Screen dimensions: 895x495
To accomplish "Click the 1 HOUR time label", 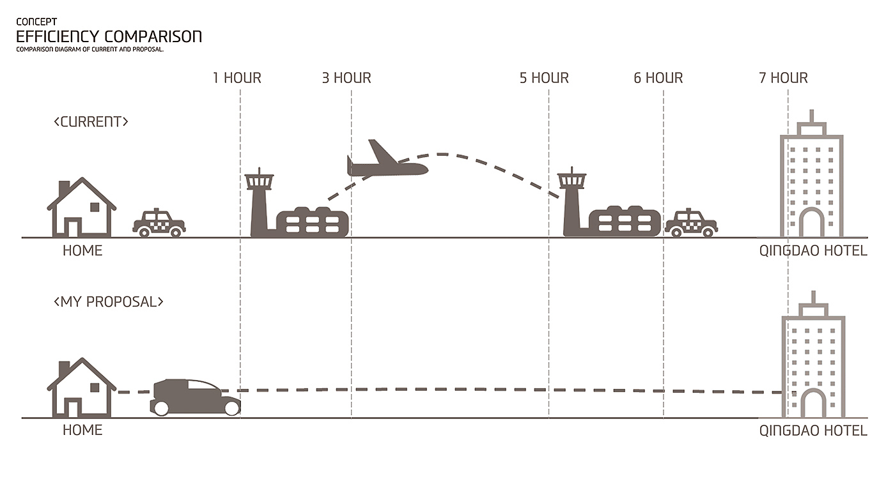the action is pos(237,78).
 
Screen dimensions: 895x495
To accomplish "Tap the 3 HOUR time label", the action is pos(346,78).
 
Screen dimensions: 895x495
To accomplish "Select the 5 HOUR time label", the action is pos(544,78).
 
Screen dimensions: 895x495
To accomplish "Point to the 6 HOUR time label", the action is pos(658,78).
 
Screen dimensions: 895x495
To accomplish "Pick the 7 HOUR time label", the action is pos(783,78).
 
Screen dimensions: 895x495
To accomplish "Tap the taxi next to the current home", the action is pos(159,224).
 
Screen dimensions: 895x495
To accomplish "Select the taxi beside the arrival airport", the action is pos(691,224).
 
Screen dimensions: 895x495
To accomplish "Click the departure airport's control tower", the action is pos(260,201).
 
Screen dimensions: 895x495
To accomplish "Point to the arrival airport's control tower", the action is pos(571,201).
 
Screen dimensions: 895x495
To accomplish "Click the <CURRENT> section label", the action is pos(91,121).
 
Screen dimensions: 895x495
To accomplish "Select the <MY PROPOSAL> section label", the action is pos(109,301).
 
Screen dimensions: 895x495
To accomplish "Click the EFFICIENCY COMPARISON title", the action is pos(109,36).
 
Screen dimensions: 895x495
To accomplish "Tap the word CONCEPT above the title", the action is pos(36,22).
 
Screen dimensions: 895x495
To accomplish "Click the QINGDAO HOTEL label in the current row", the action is pos(813,250).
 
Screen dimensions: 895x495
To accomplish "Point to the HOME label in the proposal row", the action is pos(82,430).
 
